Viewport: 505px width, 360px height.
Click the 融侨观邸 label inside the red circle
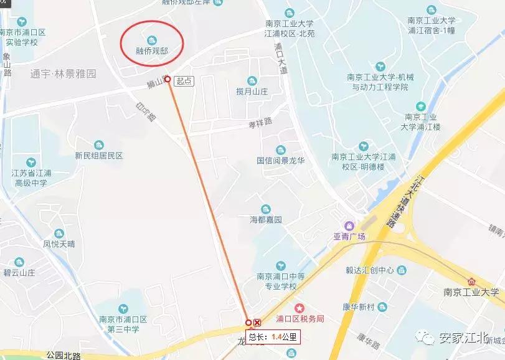[x=152, y=47]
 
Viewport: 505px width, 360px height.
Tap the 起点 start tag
[x=184, y=80]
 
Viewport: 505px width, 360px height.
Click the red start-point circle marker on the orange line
[x=168, y=80]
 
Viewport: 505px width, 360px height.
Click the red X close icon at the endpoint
[x=257, y=323]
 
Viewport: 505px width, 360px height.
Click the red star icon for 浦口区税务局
[x=300, y=308]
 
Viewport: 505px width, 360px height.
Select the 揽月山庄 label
[x=252, y=92]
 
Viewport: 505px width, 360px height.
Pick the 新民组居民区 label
[x=99, y=156]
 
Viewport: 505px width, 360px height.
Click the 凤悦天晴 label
[x=59, y=244]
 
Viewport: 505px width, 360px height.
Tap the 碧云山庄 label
[x=20, y=272]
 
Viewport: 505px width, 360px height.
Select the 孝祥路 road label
[x=262, y=123]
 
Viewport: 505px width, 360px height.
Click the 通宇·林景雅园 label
[x=64, y=73]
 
